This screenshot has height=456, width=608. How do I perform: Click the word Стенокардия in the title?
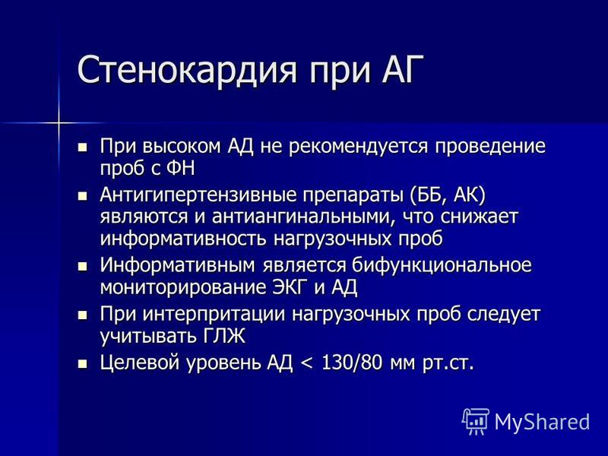(x=187, y=70)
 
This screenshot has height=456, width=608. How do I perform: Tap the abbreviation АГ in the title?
(x=398, y=69)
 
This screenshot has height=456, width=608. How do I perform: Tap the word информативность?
(x=183, y=239)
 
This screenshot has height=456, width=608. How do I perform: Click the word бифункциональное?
(x=442, y=265)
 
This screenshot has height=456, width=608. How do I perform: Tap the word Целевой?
(x=140, y=363)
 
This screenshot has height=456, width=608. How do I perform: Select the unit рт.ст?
(x=448, y=364)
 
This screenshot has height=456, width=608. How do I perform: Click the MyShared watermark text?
(x=542, y=422)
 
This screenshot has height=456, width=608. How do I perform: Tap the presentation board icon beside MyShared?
(x=477, y=421)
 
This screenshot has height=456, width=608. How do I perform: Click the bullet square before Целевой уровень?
(x=82, y=365)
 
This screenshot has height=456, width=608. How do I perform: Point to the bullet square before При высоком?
(x=82, y=147)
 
